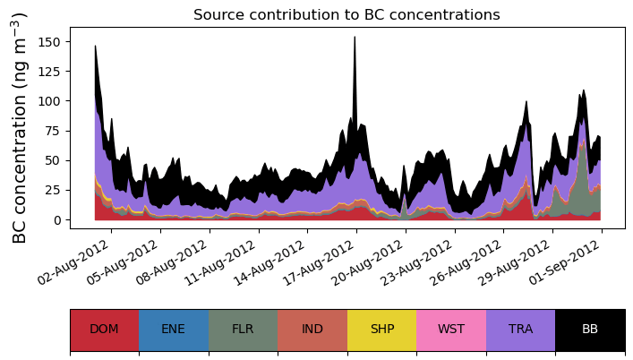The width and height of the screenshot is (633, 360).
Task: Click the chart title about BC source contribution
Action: pos(346,15)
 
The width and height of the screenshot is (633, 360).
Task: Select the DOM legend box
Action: pos(104,329)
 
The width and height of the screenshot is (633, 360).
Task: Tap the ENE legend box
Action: pos(174,329)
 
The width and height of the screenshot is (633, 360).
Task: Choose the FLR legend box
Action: pos(243,329)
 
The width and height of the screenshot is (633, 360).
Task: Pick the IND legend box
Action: pos(312,329)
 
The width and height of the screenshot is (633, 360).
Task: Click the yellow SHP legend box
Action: pos(381,329)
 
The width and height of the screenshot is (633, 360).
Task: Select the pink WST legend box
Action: pos(451,329)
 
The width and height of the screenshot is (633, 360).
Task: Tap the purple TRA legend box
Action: pos(520,329)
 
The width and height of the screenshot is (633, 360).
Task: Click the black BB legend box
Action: pos(590,329)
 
